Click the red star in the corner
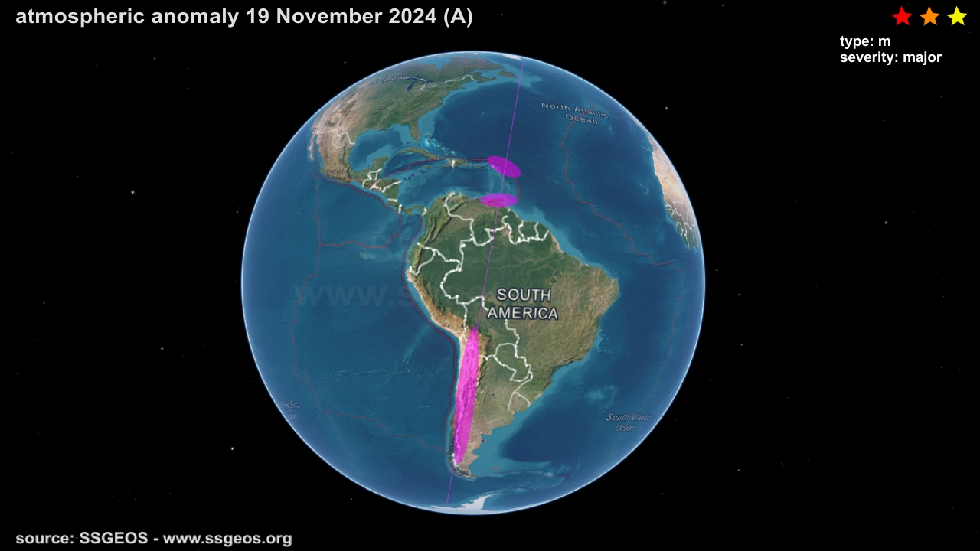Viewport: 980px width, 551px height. [x=902, y=16]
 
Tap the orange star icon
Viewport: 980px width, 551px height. [x=929, y=16]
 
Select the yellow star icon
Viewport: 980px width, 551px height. [x=957, y=16]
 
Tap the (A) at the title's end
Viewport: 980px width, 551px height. [x=458, y=17]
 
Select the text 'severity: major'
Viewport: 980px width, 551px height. [x=890, y=57]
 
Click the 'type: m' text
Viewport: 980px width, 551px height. [x=864, y=41]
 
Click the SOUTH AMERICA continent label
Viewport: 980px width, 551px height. [x=523, y=304]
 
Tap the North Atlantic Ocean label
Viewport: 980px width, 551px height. [x=575, y=112]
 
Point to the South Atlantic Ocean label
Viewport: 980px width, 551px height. [x=629, y=422]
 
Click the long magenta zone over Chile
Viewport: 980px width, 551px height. [x=466, y=398]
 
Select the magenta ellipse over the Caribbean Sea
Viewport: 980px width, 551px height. [x=504, y=166]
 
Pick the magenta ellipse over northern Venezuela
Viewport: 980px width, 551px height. [x=498, y=201]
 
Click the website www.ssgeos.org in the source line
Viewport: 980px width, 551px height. [x=227, y=539]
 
